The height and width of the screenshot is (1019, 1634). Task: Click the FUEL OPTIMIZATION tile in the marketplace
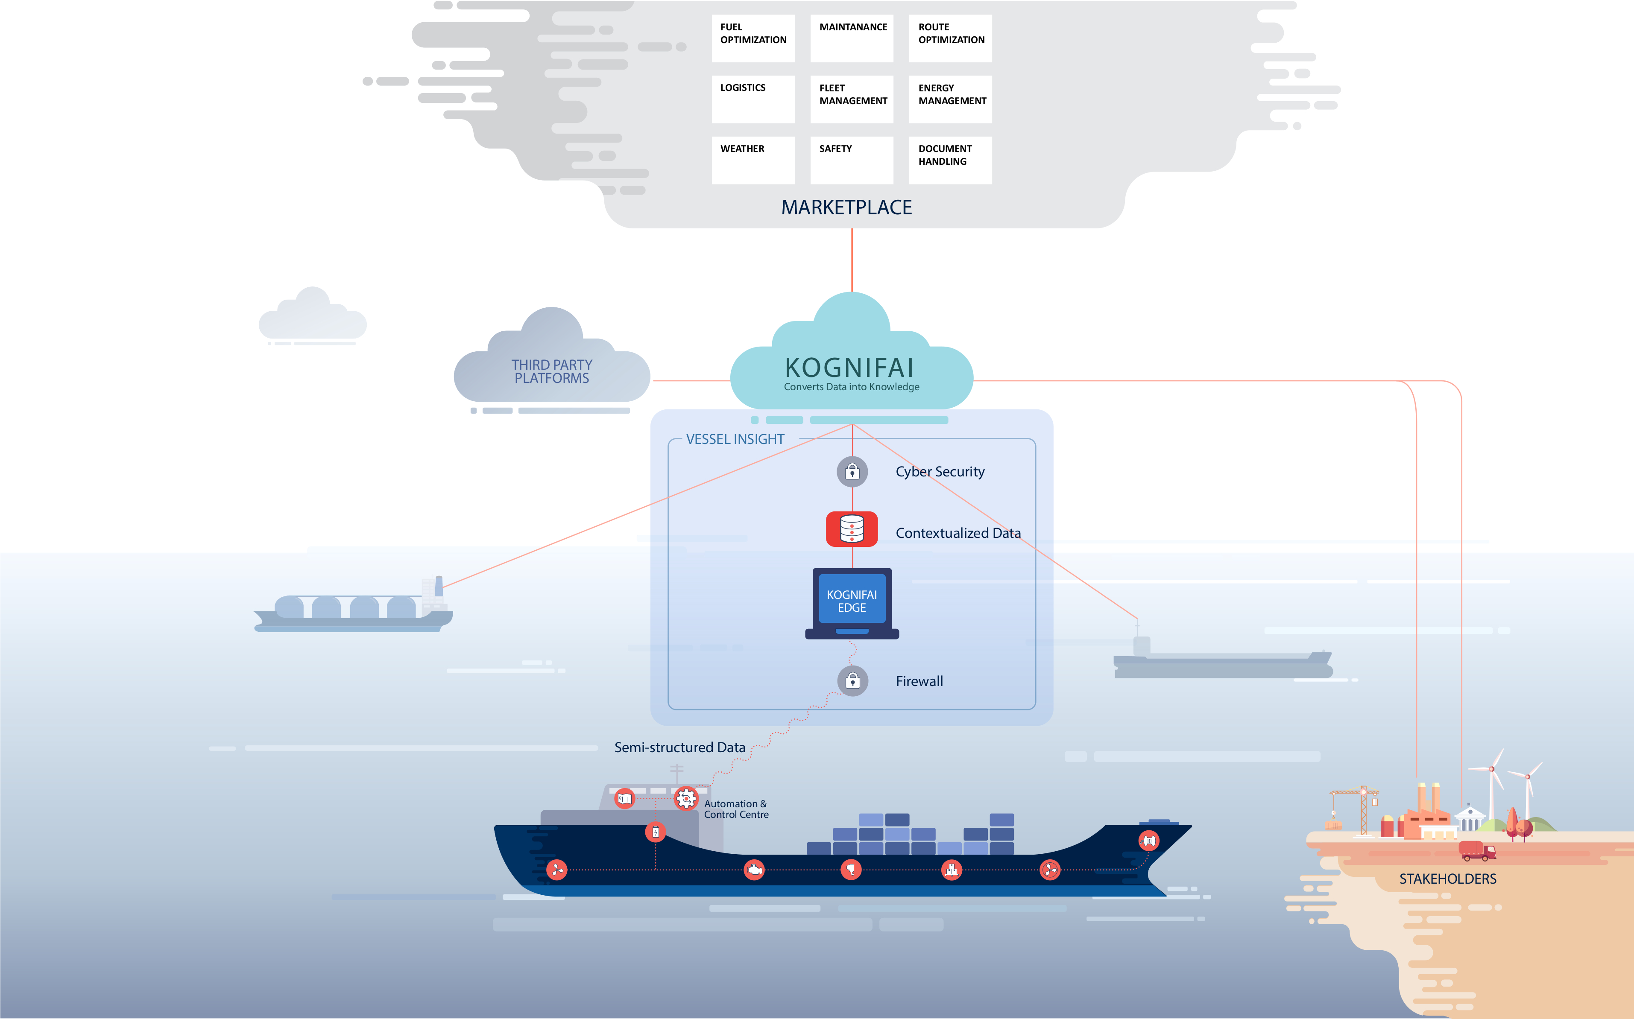[753, 38]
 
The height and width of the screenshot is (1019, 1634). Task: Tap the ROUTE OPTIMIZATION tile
[951, 38]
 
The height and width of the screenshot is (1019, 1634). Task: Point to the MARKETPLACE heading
[846, 207]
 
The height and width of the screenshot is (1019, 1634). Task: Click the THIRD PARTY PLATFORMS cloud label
[551, 371]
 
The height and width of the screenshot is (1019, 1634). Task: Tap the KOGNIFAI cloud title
[850, 368]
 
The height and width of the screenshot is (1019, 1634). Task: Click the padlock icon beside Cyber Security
[852, 472]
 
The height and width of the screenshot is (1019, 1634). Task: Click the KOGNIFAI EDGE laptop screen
[852, 600]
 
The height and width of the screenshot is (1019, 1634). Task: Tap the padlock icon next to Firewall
[853, 680]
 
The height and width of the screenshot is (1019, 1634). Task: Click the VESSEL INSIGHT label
[735, 439]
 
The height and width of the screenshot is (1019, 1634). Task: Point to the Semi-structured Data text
[679, 747]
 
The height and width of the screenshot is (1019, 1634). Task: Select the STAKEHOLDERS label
[1447, 879]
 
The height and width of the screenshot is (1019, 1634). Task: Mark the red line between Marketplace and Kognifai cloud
[852, 260]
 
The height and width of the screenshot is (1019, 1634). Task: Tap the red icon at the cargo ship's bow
[1149, 841]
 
